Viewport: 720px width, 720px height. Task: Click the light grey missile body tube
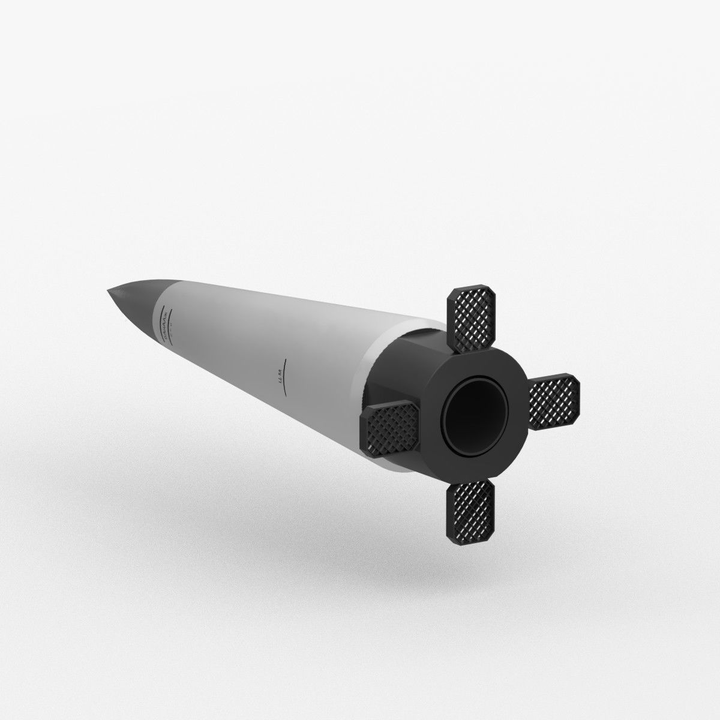(270, 348)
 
